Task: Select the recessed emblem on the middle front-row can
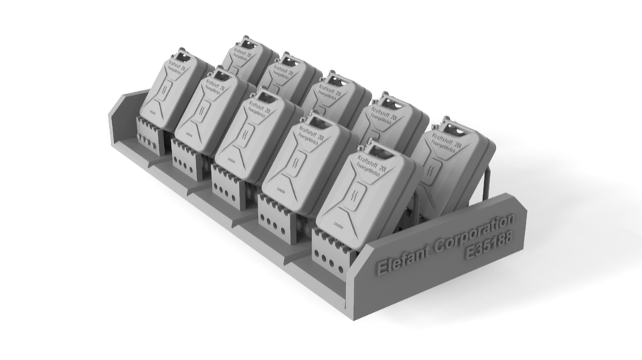[x=250, y=135]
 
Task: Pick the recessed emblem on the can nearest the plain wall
[x=165, y=91]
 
